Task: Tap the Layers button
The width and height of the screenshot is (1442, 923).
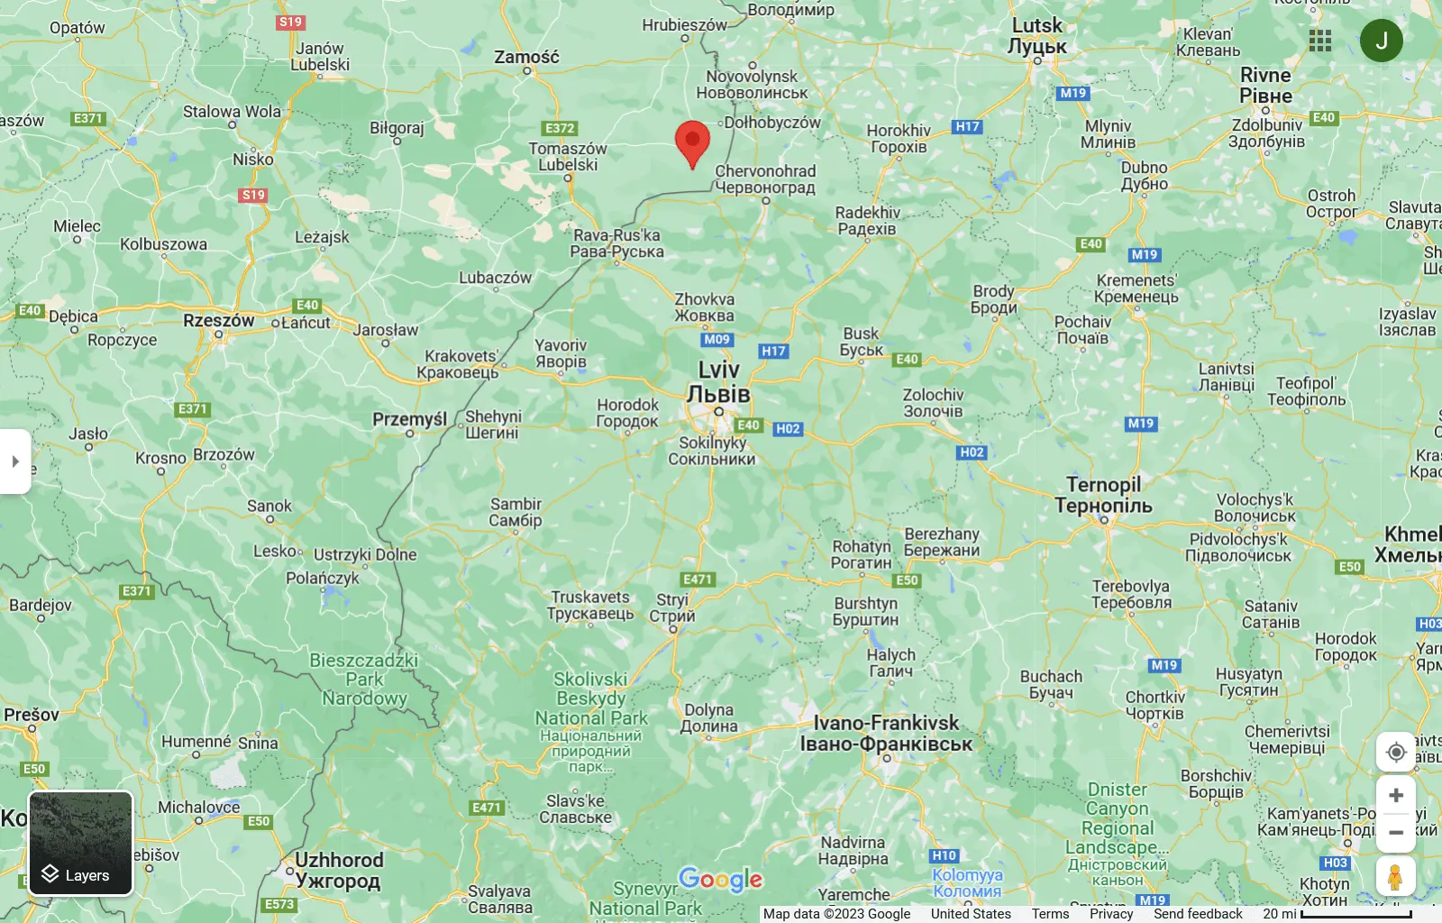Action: (x=81, y=844)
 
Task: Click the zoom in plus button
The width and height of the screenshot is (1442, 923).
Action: (x=1396, y=795)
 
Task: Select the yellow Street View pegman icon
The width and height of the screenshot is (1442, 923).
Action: (x=1395, y=876)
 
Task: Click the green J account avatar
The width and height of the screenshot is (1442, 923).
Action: (x=1381, y=41)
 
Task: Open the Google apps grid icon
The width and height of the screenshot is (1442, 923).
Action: (x=1320, y=41)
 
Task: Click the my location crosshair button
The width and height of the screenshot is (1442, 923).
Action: (x=1396, y=752)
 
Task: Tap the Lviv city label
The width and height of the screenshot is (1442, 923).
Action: (x=718, y=382)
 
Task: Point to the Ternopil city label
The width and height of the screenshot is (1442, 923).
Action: (x=1103, y=495)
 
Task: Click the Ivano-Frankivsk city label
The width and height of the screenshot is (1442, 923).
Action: (x=886, y=733)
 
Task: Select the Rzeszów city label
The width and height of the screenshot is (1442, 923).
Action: (x=219, y=320)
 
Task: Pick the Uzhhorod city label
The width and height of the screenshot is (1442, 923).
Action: (x=339, y=870)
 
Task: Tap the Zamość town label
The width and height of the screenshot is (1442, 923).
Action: (x=526, y=57)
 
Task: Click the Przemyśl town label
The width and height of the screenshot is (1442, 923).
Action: (x=410, y=419)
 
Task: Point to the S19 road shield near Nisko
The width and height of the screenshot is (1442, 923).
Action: (x=253, y=195)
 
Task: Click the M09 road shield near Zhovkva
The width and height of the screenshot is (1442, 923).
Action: (x=716, y=340)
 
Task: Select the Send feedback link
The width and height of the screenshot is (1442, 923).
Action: (x=1198, y=914)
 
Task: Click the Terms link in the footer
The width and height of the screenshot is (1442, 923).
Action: (x=1050, y=914)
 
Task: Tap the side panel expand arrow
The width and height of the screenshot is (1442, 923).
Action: (x=15, y=461)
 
